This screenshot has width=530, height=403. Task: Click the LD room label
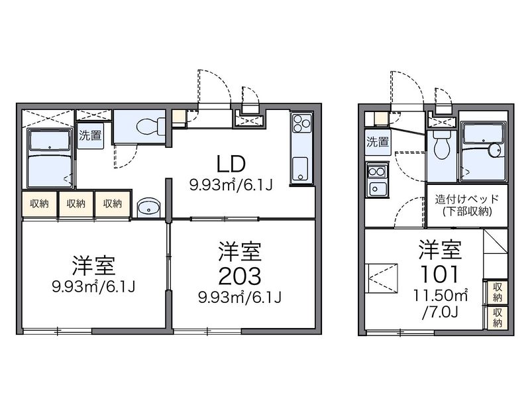(231, 163)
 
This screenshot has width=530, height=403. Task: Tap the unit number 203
(241, 275)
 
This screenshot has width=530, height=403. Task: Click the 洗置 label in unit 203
(90, 137)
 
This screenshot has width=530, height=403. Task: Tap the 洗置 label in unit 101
(378, 141)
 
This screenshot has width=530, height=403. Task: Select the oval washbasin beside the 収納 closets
(148, 207)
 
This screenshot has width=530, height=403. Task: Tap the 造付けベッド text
(462, 199)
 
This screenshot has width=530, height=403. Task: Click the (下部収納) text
(462, 211)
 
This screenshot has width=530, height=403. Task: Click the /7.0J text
(440, 309)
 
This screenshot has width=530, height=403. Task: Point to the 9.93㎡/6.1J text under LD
(231, 184)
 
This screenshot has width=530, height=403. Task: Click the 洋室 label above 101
(439, 251)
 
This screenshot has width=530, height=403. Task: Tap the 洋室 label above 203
(241, 252)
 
